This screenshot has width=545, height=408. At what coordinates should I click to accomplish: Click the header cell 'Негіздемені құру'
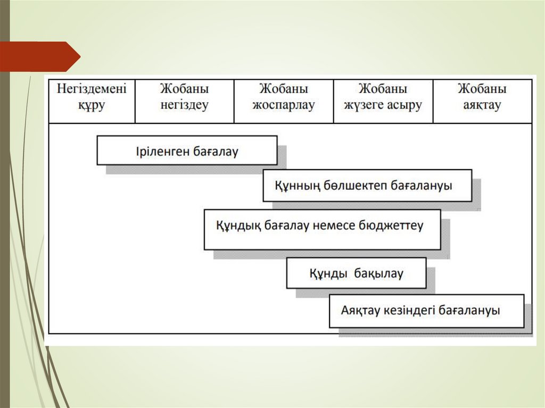92,101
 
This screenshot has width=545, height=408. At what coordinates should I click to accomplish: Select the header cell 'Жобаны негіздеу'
184,101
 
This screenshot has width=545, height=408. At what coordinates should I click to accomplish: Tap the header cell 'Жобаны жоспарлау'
284,101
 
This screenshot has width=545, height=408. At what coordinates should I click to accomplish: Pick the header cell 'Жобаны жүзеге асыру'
383,101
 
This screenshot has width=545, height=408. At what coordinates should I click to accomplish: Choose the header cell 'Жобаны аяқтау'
482,101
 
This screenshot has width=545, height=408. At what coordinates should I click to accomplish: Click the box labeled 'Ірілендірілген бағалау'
187,151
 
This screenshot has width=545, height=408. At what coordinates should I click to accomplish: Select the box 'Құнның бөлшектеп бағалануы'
367,186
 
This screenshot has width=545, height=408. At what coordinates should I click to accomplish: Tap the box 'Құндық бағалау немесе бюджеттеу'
322,229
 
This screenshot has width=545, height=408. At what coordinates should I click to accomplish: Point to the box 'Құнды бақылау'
356,273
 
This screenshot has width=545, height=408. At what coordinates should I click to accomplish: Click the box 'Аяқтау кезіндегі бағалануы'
426,311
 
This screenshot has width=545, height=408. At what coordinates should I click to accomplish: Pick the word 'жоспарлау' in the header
284,105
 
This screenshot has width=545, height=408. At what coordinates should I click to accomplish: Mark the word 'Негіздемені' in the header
92,89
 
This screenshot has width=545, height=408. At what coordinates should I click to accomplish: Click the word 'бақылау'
378,274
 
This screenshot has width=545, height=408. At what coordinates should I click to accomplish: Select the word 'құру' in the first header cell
92,105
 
